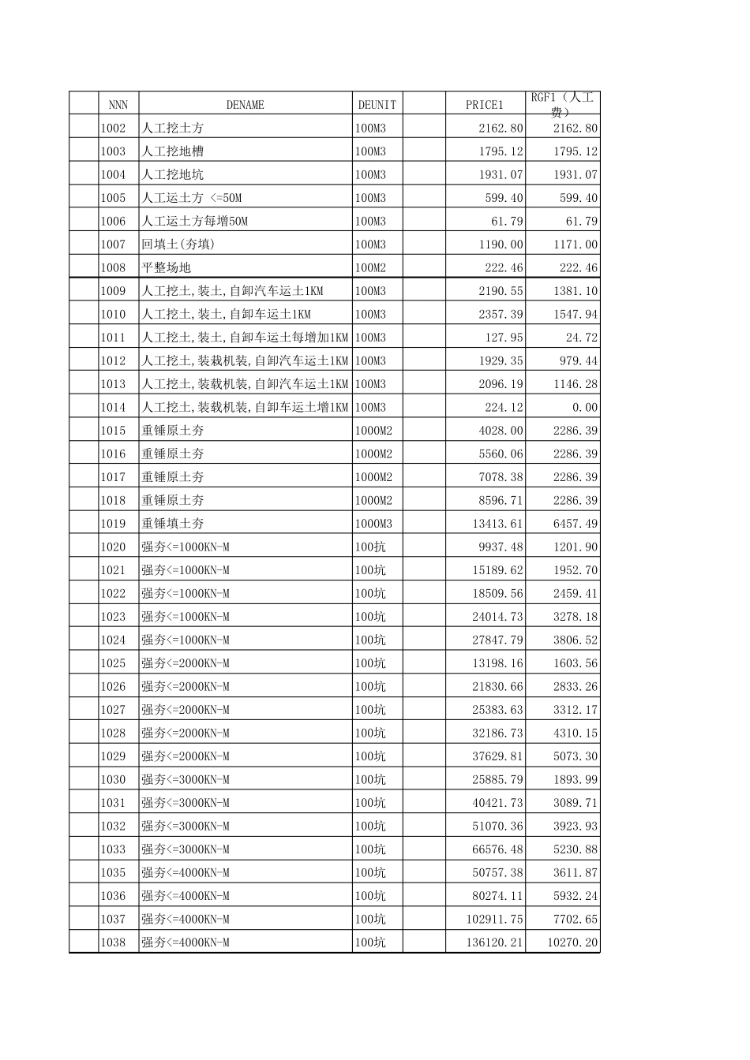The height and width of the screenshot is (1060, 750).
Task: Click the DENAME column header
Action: pos(245,104)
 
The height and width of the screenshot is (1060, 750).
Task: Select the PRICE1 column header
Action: pos(484,104)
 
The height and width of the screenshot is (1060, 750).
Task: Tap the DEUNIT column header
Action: pos(377,104)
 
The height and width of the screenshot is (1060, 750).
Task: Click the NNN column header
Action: pos(118,104)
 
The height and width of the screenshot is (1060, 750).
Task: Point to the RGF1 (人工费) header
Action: pos(562,104)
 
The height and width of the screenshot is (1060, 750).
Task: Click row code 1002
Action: pos(113,128)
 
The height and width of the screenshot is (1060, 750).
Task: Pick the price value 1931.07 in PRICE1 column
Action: pos(501,174)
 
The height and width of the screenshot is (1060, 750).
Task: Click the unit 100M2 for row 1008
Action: pos(370,267)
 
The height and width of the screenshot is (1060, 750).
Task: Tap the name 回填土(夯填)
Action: pos(178,244)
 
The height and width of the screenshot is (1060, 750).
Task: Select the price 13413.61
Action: pos(497,524)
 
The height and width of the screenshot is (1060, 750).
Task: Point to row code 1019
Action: pos(113,524)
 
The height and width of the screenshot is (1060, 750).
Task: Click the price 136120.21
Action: pos(495,942)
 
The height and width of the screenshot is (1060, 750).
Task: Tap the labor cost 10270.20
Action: pos(572,942)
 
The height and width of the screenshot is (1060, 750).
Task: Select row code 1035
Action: pos(113,872)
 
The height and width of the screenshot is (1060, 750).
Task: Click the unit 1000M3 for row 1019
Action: pos(373,524)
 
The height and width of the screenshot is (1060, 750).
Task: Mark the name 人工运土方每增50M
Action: pos(194,221)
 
